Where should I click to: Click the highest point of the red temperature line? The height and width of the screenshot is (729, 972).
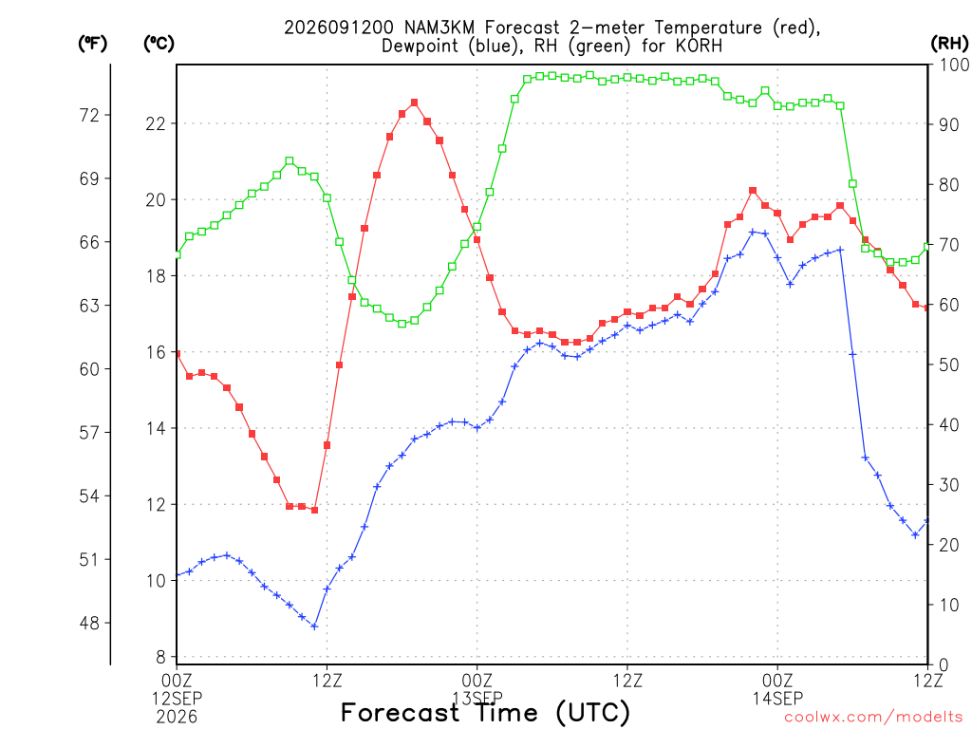pyautogui.click(x=414, y=103)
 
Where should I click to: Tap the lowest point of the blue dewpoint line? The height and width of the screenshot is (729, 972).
pyautogui.click(x=314, y=626)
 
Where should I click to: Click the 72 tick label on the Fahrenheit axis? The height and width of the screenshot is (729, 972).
pyautogui.click(x=89, y=115)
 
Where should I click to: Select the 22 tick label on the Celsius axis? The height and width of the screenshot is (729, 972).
pyautogui.click(x=157, y=124)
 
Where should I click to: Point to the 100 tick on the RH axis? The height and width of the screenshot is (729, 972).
pyautogui.click(x=954, y=65)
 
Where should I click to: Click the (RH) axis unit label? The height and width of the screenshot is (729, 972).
pyautogui.click(x=949, y=44)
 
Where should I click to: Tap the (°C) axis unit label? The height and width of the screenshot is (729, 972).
pyautogui.click(x=159, y=44)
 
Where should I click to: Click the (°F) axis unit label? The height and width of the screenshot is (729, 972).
pyautogui.click(x=92, y=44)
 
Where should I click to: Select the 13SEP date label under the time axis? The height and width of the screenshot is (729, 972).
pyautogui.click(x=477, y=699)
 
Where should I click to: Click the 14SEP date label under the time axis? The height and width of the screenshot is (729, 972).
pyautogui.click(x=777, y=699)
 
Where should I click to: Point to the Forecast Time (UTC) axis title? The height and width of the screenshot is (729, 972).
pyautogui.click(x=485, y=713)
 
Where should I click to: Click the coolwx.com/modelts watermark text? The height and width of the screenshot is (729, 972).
pyautogui.click(x=873, y=718)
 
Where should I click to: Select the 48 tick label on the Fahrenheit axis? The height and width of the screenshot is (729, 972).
pyautogui.click(x=89, y=623)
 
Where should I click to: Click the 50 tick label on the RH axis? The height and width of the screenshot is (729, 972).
pyautogui.click(x=949, y=365)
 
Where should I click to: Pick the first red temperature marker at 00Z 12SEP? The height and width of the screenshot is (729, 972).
pyautogui.click(x=178, y=353)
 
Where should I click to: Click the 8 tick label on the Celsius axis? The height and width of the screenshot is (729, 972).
pyautogui.click(x=161, y=657)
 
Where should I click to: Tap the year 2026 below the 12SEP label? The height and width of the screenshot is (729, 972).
pyautogui.click(x=177, y=718)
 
